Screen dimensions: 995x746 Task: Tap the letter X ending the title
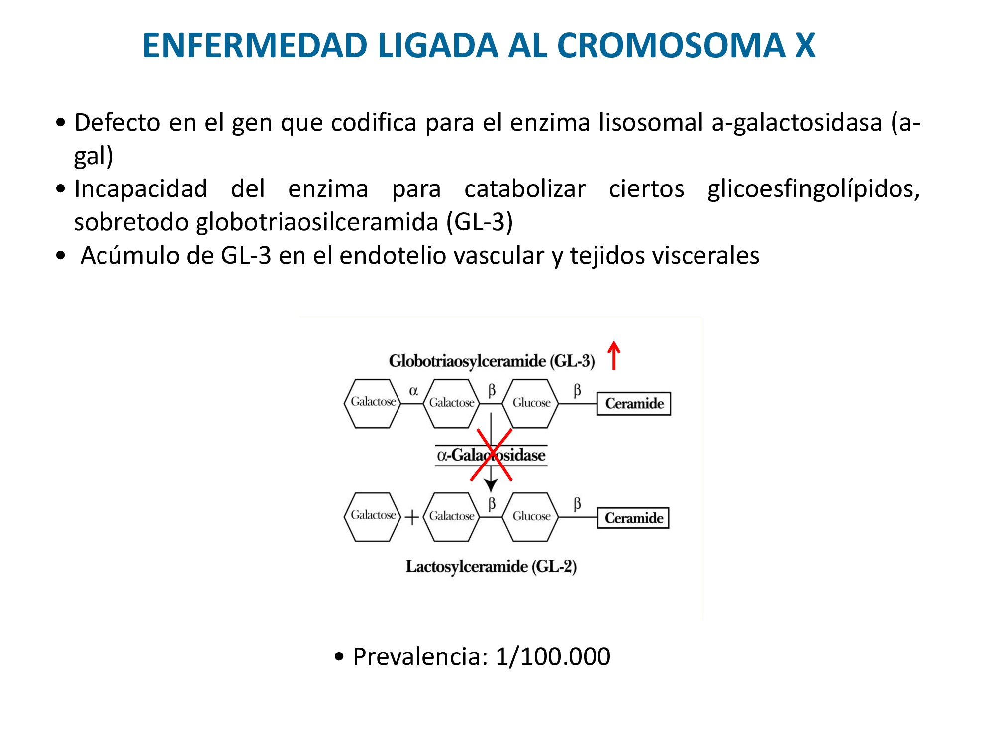tap(804, 45)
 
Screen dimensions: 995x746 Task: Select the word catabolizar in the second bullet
tap(525, 189)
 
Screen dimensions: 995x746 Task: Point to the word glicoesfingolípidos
tap(813, 189)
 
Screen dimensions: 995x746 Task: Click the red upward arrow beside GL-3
tap(614, 355)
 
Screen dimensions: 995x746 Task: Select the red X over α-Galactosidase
tap(491, 455)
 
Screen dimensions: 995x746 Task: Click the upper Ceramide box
tap(634, 403)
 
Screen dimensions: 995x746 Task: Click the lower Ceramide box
tap(633, 518)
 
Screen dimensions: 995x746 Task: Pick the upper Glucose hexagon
tap(531, 403)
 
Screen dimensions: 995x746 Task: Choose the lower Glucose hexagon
tap(531, 516)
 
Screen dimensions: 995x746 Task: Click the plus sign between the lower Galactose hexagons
tap(412, 518)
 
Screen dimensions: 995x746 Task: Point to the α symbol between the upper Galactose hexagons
tap(413, 391)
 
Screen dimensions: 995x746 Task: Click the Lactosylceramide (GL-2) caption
tap(491, 566)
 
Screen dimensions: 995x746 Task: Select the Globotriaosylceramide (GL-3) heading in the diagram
tap(492, 361)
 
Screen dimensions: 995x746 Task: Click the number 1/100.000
tap(553, 656)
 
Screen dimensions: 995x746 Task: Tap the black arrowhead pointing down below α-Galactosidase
tap(491, 485)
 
